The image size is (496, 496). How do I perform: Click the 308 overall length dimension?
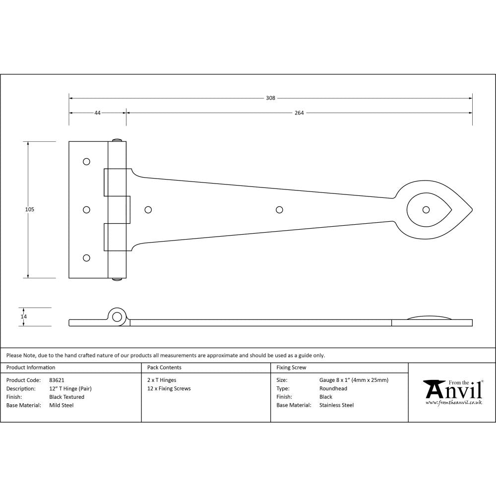(x=270, y=98)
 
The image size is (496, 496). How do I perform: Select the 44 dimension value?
(x=97, y=113)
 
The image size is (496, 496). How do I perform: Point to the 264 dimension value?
(x=299, y=113)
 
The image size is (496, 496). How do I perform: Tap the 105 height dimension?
(x=30, y=210)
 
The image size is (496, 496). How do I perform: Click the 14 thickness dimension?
(x=23, y=316)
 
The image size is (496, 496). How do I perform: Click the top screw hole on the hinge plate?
(x=87, y=162)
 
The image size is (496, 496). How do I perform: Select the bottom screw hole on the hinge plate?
(x=87, y=258)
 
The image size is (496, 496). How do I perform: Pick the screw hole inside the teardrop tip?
(x=426, y=210)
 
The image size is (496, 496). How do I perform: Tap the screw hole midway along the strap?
(x=279, y=210)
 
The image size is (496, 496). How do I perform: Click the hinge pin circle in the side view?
(x=117, y=317)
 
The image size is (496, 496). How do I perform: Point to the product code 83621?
(x=57, y=380)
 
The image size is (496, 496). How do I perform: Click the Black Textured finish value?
(x=66, y=397)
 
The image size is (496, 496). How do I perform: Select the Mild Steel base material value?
(x=61, y=405)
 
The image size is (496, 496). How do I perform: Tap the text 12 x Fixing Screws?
(x=169, y=388)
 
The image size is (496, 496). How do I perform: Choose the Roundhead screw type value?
(x=333, y=388)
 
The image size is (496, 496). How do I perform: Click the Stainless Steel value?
(x=336, y=405)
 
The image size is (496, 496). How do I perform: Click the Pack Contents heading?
(x=164, y=368)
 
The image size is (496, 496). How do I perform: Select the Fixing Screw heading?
(x=291, y=368)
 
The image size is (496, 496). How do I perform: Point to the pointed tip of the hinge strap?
(x=472, y=210)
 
